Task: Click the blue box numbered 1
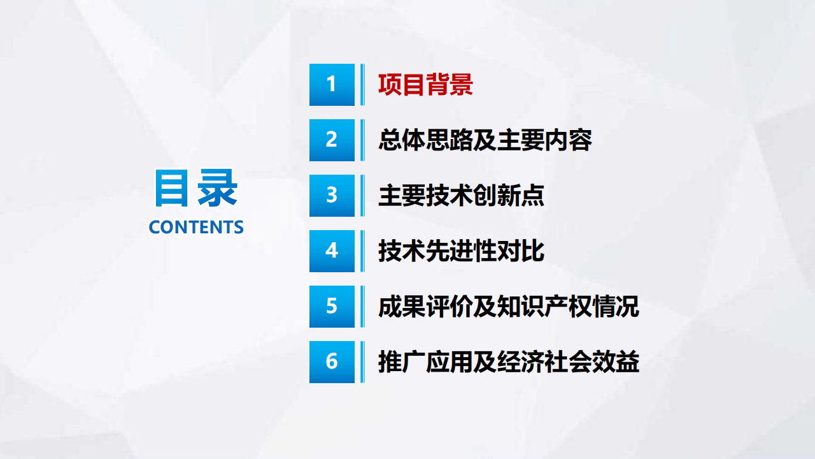[332, 84]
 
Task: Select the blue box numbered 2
[332, 140]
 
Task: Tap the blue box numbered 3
[332, 195]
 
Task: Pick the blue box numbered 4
[332, 251]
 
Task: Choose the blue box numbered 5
[332, 306]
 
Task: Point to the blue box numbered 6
[332, 361]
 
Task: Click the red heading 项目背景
[425, 85]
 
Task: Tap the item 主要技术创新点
[461, 196]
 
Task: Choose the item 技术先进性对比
[461, 251]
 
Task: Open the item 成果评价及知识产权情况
[508, 307]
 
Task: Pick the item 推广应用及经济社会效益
[508, 362]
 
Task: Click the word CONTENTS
[196, 227]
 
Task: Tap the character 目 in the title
[172, 188]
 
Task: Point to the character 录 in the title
[217, 188]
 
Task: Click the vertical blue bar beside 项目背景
[362, 84]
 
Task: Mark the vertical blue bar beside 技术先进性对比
[362, 251]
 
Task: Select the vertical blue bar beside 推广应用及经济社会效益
[362, 361]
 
